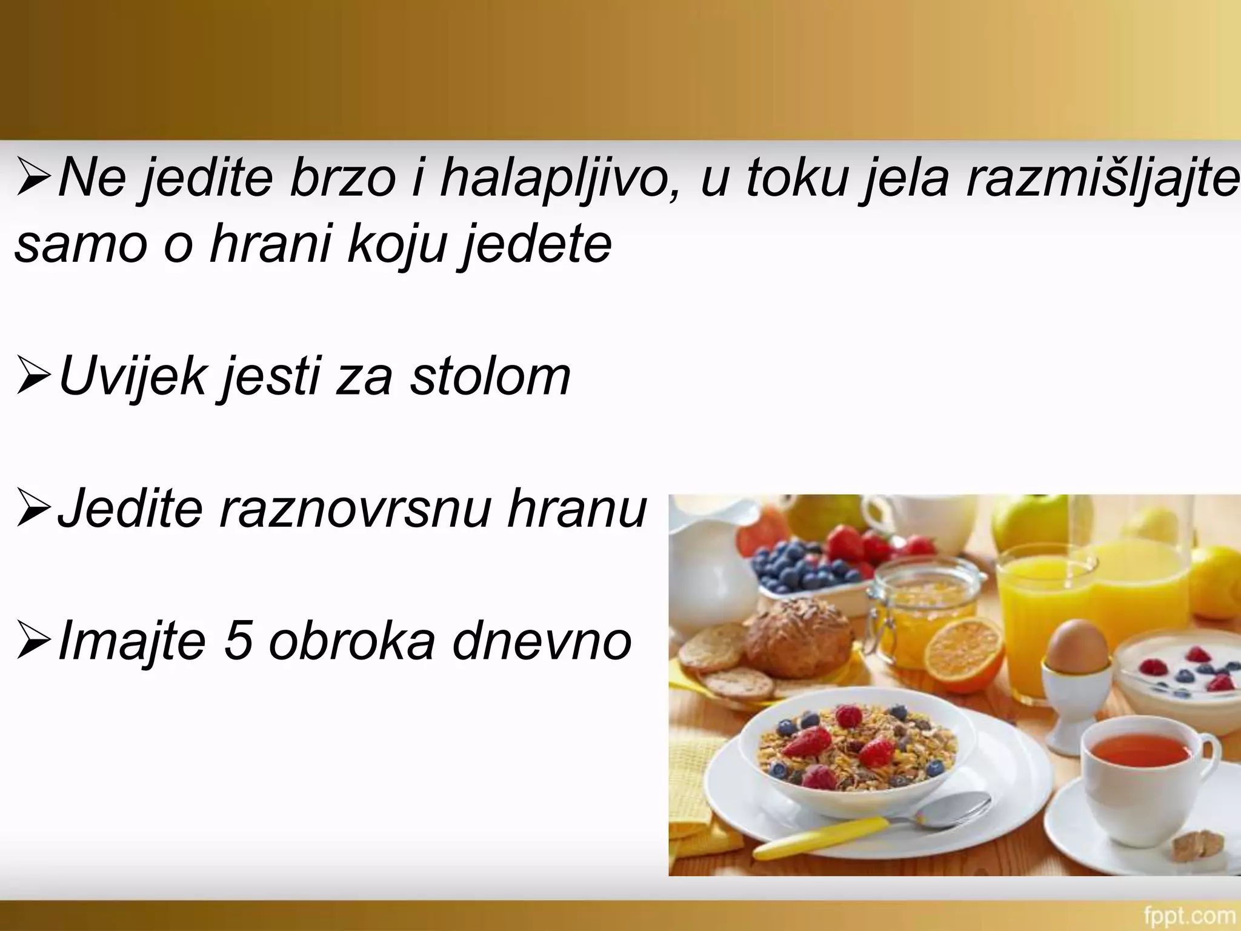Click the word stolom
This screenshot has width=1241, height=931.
tap(490, 376)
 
